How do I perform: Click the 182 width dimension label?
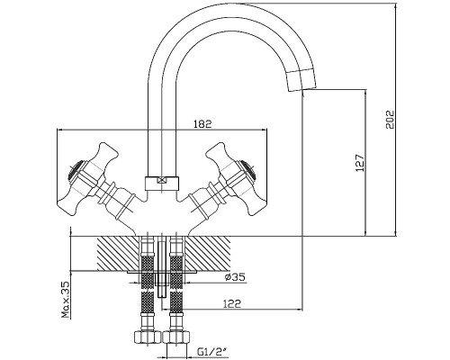click(202, 123)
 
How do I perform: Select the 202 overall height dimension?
click(390, 120)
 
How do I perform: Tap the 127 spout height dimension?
click(360, 163)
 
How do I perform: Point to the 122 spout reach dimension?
click(232, 304)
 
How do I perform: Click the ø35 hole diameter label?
click(235, 277)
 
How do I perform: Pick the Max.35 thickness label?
click(65, 300)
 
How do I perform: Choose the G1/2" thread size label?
click(211, 350)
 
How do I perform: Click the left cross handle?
click(88, 179)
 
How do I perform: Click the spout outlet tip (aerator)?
click(301, 80)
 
